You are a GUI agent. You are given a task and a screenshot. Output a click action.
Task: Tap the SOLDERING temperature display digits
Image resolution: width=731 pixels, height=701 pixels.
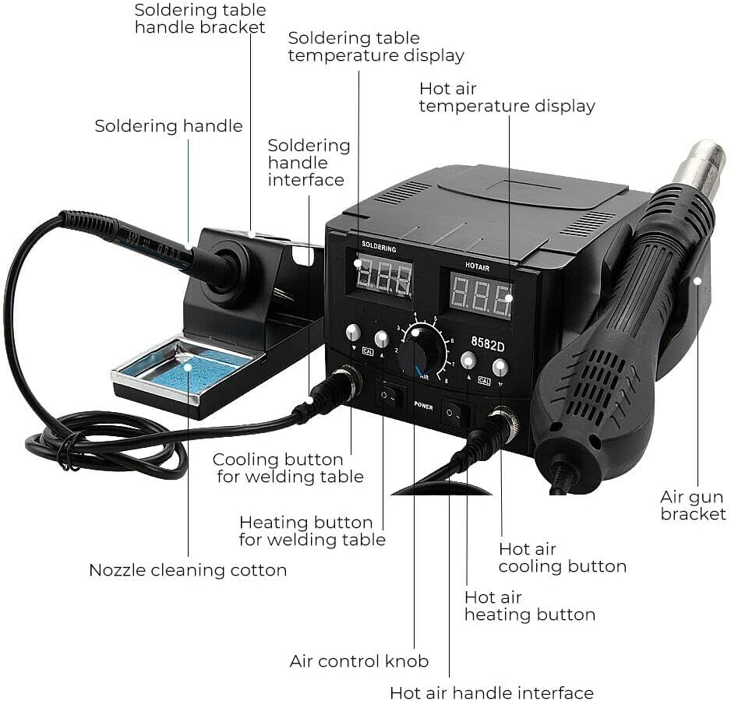(383, 277)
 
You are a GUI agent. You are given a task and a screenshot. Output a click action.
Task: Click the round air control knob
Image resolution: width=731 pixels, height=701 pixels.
(422, 349)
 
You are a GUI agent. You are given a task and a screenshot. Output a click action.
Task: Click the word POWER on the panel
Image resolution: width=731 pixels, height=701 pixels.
(423, 406)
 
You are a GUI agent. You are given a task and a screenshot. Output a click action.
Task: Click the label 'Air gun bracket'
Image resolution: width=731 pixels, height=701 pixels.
(693, 505)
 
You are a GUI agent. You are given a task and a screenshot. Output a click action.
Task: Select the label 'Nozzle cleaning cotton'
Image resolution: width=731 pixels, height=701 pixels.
(188, 570)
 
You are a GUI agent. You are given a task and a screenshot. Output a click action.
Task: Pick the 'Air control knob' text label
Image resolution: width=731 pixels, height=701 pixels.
(359, 661)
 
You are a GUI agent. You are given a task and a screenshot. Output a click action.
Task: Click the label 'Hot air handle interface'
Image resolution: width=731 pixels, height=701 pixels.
(492, 692)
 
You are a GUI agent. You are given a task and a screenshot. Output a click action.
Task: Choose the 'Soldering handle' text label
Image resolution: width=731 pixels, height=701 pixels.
(168, 126)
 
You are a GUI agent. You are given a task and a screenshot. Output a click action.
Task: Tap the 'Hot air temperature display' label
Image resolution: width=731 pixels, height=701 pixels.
(507, 97)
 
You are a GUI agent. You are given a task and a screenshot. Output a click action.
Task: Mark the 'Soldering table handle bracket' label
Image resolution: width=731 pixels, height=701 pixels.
(200, 19)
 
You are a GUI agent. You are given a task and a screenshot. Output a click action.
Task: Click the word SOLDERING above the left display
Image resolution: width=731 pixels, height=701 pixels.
(380, 248)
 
